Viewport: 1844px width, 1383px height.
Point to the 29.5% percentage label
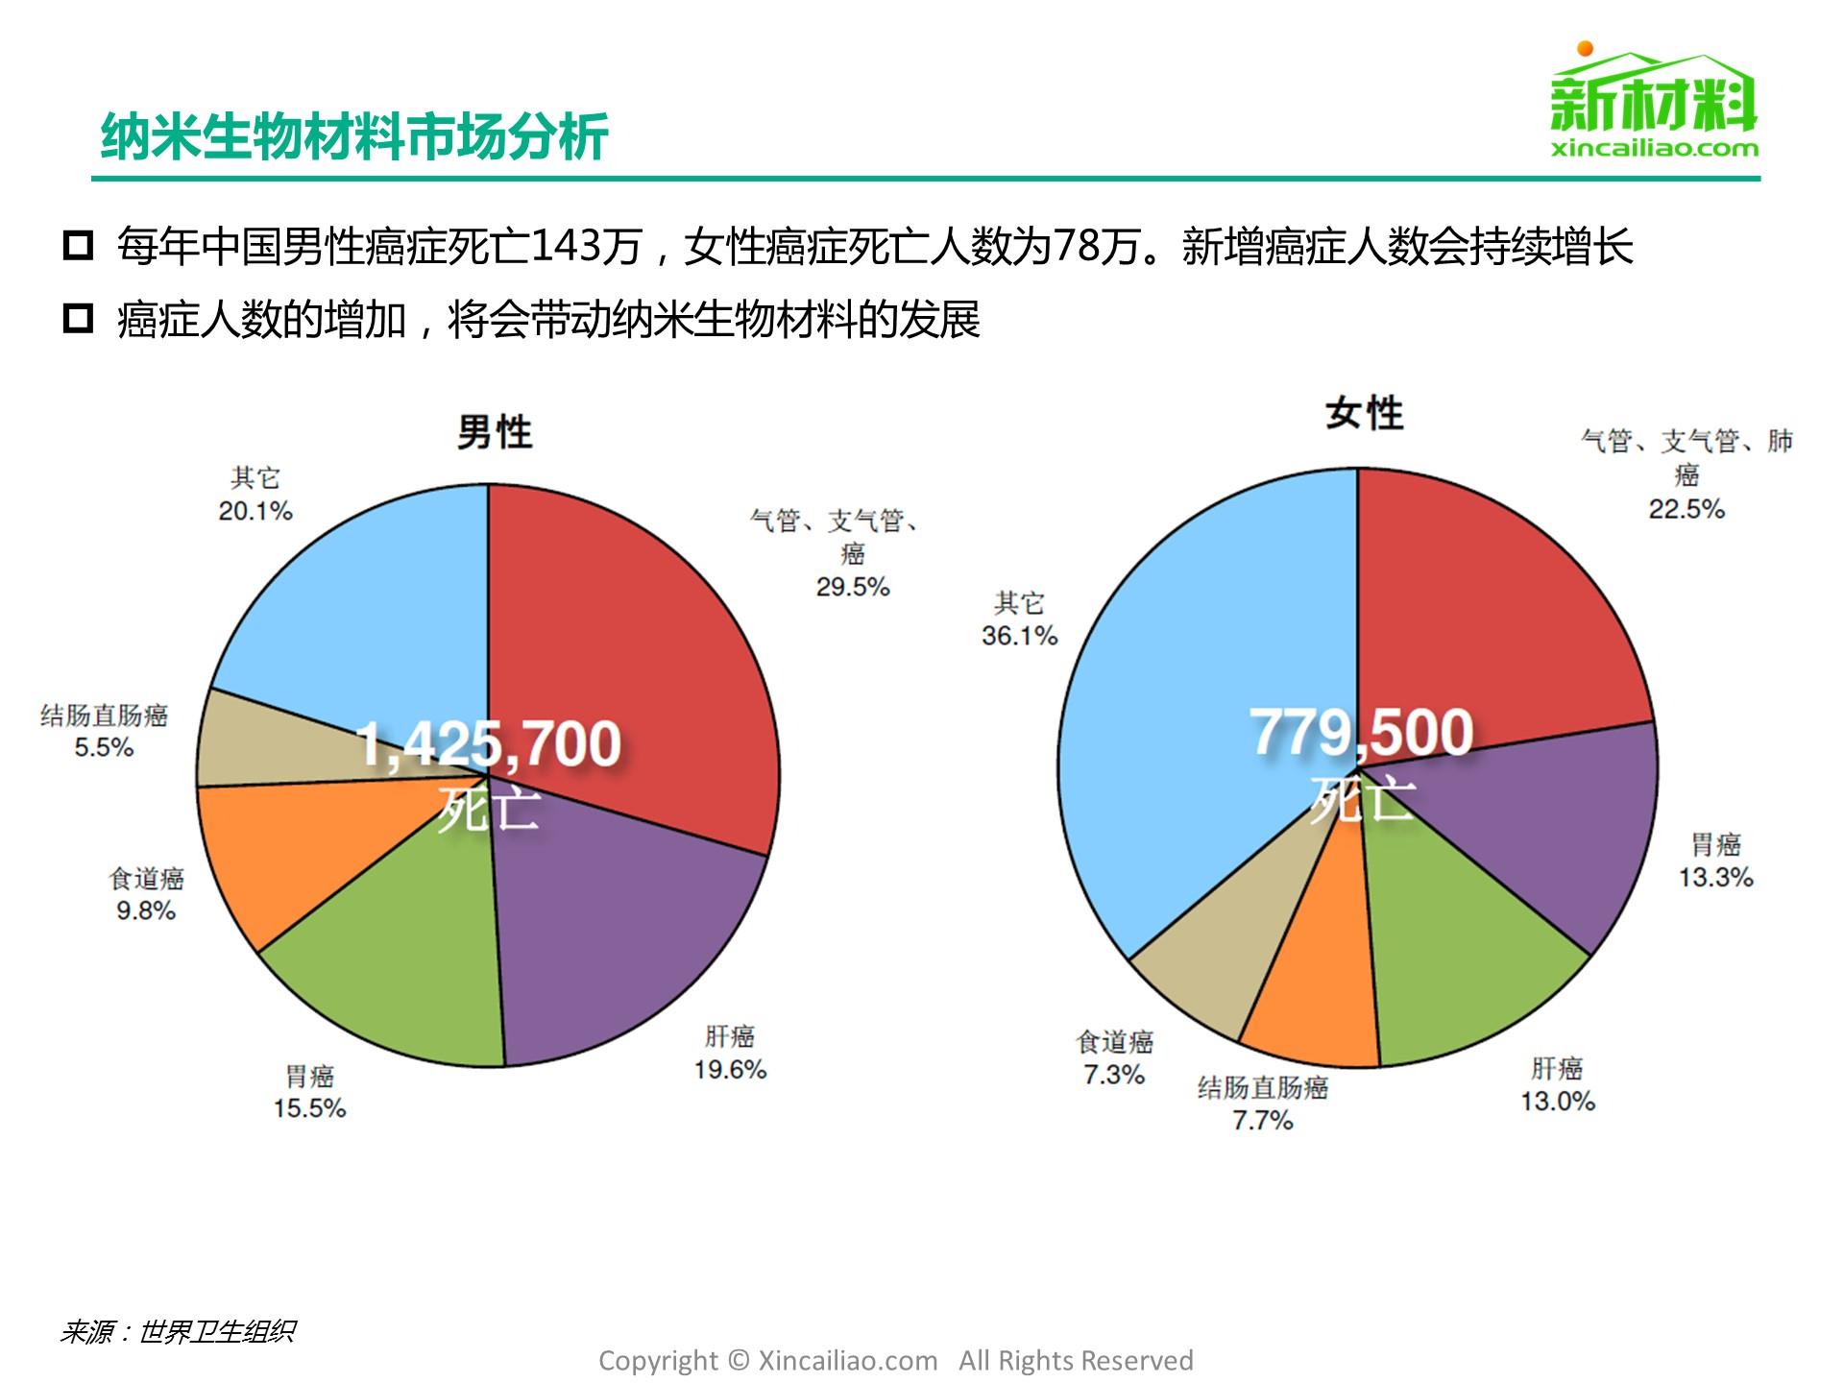853,587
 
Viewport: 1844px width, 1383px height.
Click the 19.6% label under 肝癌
730,1069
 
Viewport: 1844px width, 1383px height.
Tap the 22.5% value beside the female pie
1686,509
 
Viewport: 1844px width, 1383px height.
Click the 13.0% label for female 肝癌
1557,1101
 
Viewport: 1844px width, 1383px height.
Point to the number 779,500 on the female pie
1361,732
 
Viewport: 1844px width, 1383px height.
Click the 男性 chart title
494,432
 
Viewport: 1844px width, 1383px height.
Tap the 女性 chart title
1364,414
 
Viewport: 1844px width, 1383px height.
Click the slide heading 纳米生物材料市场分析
354,136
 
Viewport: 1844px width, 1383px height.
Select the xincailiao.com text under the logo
1654,148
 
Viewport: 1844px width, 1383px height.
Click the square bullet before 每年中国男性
78,246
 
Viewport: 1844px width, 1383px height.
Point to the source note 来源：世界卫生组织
178,1332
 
